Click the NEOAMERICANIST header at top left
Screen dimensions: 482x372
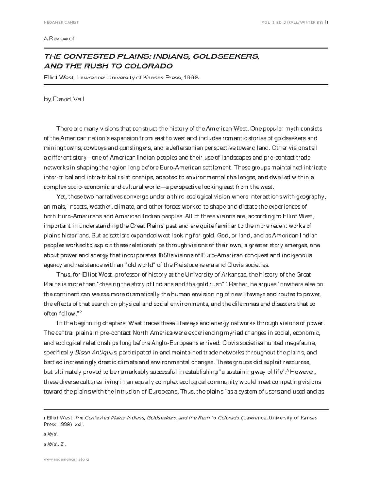61,22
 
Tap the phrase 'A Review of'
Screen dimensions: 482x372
60,38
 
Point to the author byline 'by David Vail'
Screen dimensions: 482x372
64,99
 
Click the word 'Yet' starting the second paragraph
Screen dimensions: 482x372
61,197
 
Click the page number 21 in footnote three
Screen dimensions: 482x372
63,444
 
